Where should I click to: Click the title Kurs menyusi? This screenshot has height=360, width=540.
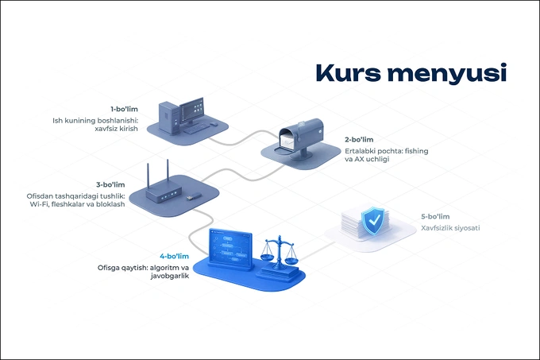pos(411,74)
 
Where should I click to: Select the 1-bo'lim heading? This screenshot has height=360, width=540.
pos(124,109)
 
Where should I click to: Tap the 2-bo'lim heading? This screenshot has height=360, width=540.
pos(359,140)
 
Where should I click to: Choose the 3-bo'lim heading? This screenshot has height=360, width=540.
pos(110,184)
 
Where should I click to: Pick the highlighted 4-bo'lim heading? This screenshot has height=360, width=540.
pos(174,257)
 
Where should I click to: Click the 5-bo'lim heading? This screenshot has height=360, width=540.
pos(435,216)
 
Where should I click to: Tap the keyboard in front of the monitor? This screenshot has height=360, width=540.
pos(196,129)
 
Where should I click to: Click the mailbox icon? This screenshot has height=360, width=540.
pos(300,138)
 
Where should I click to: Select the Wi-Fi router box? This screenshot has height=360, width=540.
pos(164,192)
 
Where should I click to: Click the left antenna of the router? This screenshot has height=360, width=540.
pos(148,176)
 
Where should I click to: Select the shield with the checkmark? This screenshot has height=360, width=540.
pos(374,220)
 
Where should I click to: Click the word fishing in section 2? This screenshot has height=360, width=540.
pos(416,151)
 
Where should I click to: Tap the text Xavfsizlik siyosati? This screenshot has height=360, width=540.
pos(450,228)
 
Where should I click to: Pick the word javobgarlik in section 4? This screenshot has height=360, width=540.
pos(170,276)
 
